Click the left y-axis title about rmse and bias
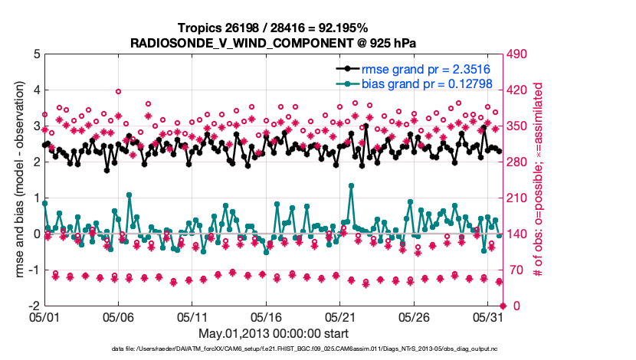point(17,180)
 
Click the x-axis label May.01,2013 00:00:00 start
point(274,333)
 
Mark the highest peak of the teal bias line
point(351,185)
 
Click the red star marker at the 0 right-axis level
point(503,306)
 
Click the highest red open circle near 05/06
point(119,91)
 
